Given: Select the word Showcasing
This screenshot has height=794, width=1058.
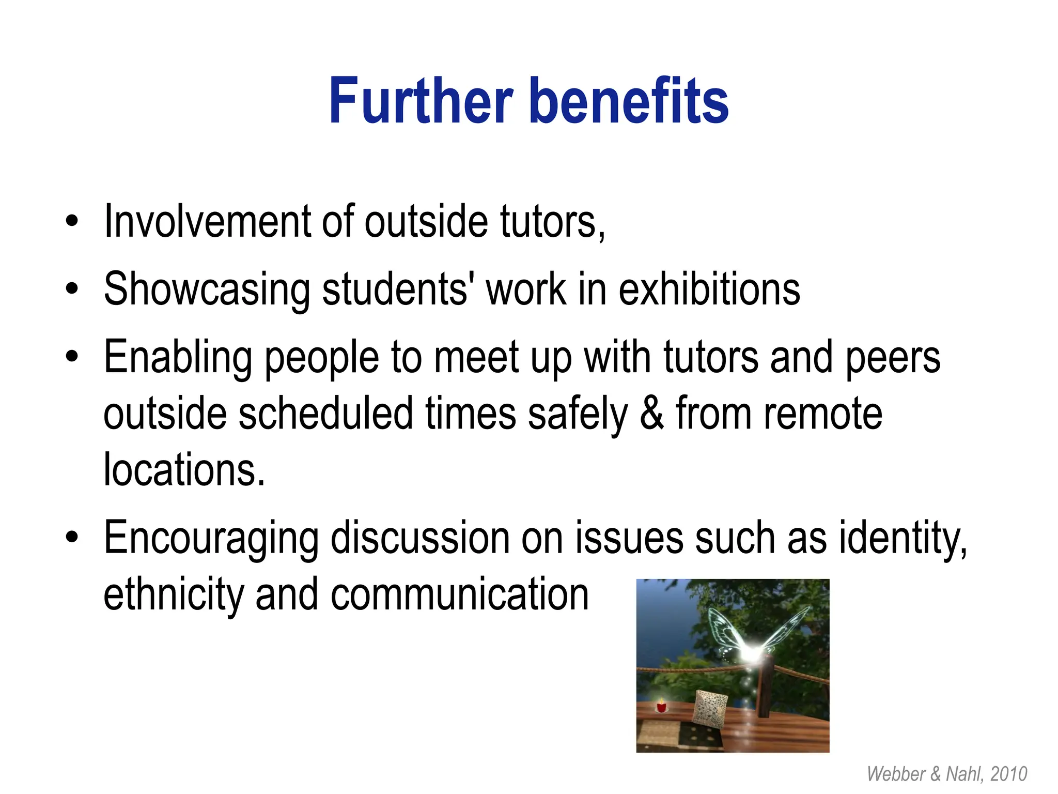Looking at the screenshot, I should [207, 289].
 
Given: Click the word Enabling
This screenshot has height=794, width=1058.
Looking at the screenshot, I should [178, 358].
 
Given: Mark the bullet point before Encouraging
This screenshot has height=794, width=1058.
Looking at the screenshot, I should [72, 538].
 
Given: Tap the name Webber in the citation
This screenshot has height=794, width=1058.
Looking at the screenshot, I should [896, 774].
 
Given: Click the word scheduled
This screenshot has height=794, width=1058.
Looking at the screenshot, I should [325, 414].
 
